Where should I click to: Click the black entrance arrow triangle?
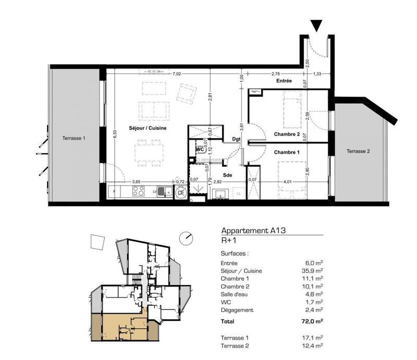pyautogui.click(x=316, y=25)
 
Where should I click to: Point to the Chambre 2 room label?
pyautogui.click(x=287, y=134)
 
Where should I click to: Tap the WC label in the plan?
pyautogui.click(x=199, y=148)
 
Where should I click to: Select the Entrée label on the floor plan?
pyautogui.click(x=284, y=82)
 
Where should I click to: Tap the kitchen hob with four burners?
pyautogui.click(x=139, y=192)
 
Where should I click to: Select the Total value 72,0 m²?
pyautogui.click(x=312, y=322)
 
